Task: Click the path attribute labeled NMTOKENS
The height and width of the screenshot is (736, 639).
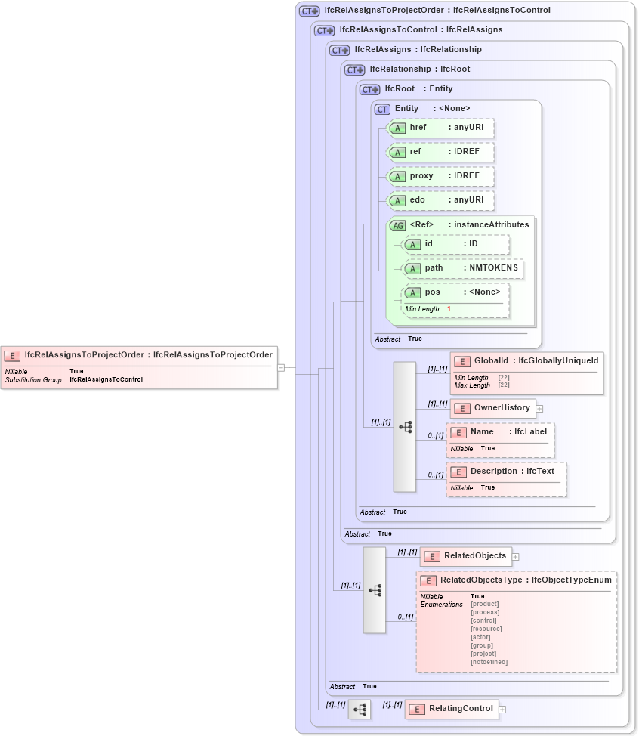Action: [462, 268]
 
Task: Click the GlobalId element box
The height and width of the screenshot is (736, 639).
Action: [526, 361]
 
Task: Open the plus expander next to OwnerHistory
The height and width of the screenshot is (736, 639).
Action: [540, 408]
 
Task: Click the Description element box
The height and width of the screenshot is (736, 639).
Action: [506, 472]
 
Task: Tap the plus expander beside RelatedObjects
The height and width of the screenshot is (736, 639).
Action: [516, 556]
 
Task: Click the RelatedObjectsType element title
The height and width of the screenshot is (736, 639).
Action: [517, 580]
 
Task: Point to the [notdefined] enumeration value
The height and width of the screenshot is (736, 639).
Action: [489, 662]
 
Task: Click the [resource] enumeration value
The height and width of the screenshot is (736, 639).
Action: [486, 629]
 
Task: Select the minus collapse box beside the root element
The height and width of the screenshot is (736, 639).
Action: [281, 368]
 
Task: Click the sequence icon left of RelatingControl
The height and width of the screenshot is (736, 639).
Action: [360, 710]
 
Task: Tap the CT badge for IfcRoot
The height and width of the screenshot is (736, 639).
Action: [370, 89]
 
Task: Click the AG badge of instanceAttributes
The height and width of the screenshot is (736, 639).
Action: [397, 225]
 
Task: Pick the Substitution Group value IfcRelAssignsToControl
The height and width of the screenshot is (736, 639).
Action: [106, 379]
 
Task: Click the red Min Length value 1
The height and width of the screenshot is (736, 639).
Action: [449, 309]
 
